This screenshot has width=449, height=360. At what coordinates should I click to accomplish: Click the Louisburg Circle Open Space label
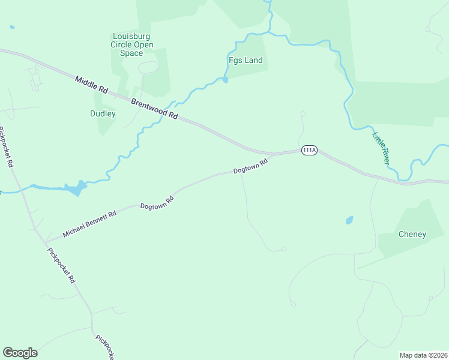point(133,44)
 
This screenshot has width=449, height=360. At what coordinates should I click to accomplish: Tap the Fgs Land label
point(246,61)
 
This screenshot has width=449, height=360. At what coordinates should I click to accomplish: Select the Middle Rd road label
point(91,84)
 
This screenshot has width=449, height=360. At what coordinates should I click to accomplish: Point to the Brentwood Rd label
point(155,107)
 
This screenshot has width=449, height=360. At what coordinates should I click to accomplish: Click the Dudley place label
point(103,113)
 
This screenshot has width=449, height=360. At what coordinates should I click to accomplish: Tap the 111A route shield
point(309,151)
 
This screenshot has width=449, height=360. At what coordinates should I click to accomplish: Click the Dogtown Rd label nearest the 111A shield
point(250,170)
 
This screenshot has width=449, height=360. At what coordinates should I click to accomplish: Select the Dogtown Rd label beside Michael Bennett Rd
point(157,202)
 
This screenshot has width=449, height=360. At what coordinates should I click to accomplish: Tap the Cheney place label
point(412,234)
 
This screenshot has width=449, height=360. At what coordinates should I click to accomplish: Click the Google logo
point(20,352)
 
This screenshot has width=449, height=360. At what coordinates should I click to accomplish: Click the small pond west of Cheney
point(349,220)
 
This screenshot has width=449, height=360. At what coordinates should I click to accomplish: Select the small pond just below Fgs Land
point(225,80)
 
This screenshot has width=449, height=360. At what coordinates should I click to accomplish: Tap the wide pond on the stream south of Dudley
point(74,189)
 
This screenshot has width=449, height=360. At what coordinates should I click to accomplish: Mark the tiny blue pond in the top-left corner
point(11,27)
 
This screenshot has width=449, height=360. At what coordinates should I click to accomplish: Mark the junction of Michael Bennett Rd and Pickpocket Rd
point(45,242)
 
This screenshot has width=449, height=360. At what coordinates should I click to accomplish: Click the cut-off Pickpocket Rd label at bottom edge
point(104,347)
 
